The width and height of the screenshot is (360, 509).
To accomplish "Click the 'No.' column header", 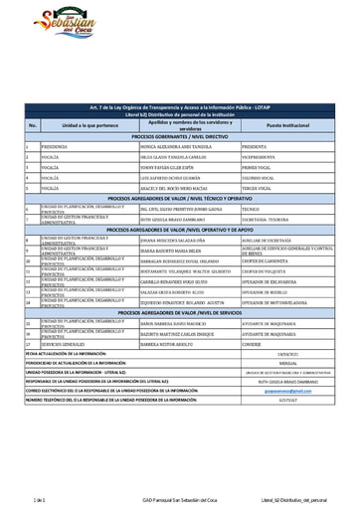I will pos(33,126).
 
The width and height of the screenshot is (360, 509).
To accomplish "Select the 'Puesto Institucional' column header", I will pos(288,126).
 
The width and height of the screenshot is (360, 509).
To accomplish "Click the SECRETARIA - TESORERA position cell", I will pos(265,220).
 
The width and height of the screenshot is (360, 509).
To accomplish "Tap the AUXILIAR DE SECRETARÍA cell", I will pos(265,240).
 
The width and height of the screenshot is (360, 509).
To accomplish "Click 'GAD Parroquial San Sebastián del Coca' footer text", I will pos(180,499).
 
